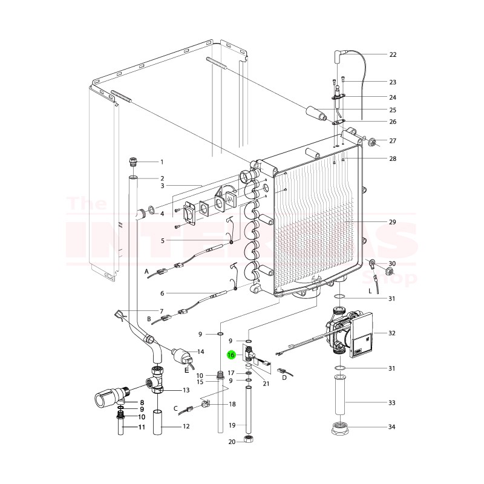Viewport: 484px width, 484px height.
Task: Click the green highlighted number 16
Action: (231, 355)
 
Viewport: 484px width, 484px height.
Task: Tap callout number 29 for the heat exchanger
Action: (392, 223)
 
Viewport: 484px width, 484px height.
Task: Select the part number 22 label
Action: (392, 54)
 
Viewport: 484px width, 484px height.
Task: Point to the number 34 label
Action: (392, 427)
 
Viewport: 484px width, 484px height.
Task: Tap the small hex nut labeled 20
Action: (247, 439)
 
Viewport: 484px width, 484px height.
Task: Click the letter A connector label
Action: (146, 273)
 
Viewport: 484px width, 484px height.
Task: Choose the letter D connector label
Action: (284, 377)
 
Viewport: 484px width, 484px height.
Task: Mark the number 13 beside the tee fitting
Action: (186, 390)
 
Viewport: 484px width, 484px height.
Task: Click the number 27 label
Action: (392, 141)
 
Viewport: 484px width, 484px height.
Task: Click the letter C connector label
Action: (175, 408)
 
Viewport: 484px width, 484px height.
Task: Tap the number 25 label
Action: (392, 110)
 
